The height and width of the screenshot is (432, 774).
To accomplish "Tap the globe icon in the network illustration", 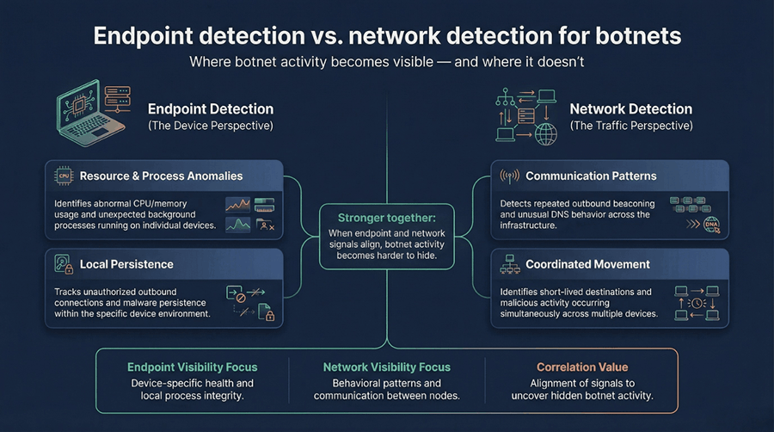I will [545, 134].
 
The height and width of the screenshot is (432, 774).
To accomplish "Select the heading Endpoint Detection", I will [211, 109].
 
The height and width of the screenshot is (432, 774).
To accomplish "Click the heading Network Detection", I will [630, 109].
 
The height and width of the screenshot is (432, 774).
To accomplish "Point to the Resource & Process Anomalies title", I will [161, 176].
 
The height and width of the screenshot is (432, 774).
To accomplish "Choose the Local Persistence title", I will [126, 264].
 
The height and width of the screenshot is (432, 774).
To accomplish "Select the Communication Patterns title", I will [591, 176].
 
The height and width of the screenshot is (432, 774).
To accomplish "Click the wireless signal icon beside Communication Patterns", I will [508, 176].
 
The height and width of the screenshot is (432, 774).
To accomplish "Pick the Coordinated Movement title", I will [587, 264].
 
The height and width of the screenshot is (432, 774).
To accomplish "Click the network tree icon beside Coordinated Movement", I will [508, 264].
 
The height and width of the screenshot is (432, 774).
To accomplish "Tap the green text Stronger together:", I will [386, 218].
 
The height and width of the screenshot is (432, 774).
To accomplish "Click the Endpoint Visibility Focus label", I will [192, 367].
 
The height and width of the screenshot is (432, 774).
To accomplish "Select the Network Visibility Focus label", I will [387, 367].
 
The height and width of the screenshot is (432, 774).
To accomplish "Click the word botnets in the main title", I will [634, 37].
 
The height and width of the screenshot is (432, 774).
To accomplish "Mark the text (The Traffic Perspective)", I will [630, 127].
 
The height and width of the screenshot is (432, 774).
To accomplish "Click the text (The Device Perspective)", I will [211, 127].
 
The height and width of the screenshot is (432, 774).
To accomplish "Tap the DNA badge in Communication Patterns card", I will [710, 225].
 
